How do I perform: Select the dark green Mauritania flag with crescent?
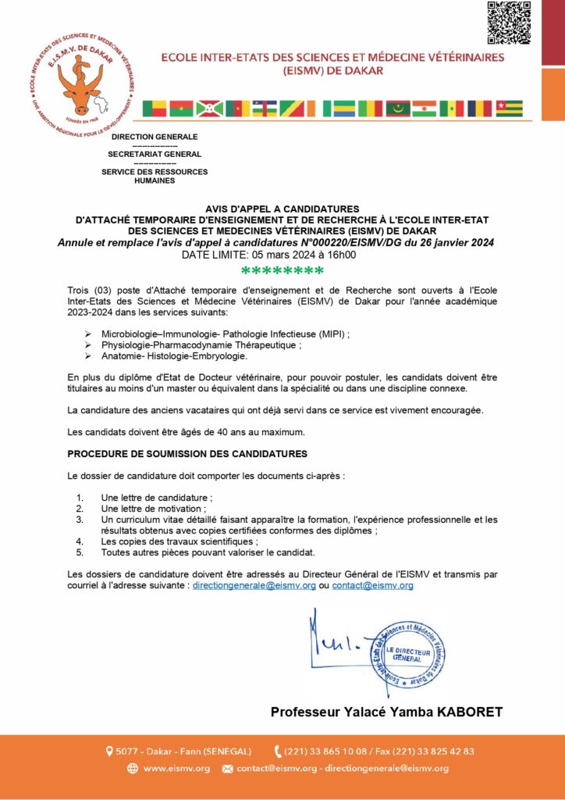[397, 109]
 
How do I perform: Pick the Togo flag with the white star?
[510, 109]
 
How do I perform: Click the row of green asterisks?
[282, 272]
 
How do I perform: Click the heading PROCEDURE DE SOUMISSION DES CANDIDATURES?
[187, 454]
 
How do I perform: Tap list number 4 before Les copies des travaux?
[80, 541]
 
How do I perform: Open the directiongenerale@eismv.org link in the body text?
[254, 585]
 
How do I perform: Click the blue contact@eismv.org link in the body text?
[372, 585]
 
